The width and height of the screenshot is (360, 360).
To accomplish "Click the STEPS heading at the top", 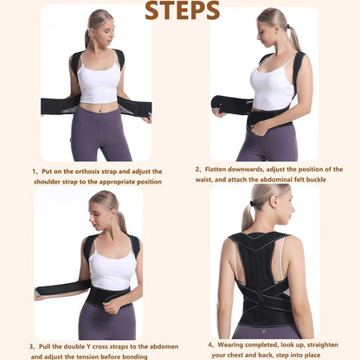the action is pyautogui.click(x=182, y=10).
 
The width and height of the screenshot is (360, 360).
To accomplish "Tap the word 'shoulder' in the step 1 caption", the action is pyautogui.click(x=47, y=182).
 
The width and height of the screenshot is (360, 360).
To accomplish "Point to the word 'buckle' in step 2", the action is pyautogui.click(x=316, y=179).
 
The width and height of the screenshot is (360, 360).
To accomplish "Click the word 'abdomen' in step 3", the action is pyautogui.click(x=165, y=346).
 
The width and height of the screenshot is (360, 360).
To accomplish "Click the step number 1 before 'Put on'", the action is pyautogui.click(x=34, y=171).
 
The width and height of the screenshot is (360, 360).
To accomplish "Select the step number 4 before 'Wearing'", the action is pyautogui.click(x=210, y=344).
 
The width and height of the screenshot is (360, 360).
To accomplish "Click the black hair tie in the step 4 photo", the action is pyautogui.click(x=254, y=203).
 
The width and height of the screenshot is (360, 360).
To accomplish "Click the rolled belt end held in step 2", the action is pyautogui.click(x=219, y=105).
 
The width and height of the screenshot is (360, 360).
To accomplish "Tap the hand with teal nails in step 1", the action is pyautogui.click(x=147, y=119).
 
